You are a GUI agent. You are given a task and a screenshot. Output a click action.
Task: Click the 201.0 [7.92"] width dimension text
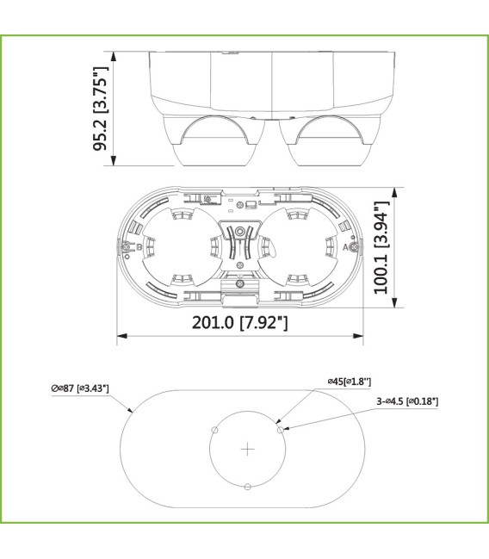[240, 322]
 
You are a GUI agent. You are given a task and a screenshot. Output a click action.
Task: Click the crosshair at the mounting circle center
[248, 449]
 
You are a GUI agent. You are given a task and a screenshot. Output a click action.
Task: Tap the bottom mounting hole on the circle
[248, 487]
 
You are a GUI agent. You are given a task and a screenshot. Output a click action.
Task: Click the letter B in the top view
[127, 247]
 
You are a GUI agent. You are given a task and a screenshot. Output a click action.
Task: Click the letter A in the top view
[346, 247]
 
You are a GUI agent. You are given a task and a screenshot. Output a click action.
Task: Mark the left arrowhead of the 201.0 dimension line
[121, 336]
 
